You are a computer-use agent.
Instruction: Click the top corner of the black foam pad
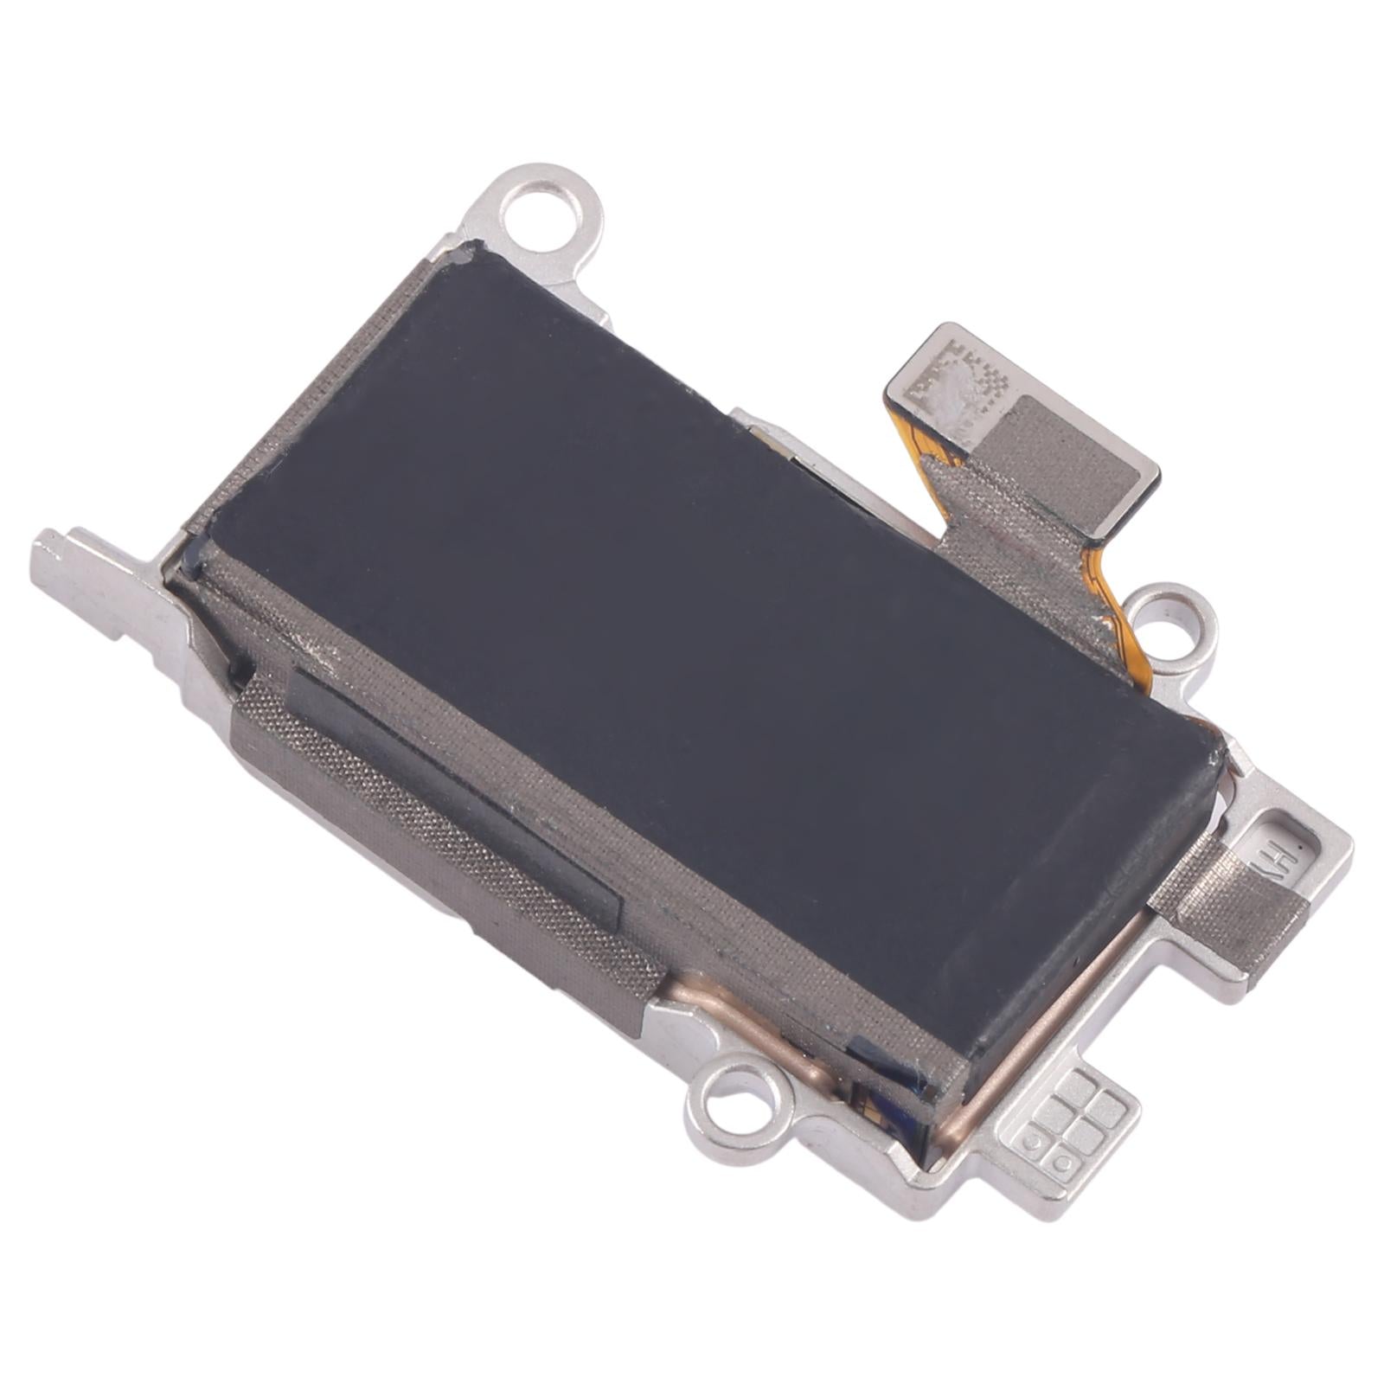(x=467, y=253)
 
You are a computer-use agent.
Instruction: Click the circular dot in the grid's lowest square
(x=1032, y=1139)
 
